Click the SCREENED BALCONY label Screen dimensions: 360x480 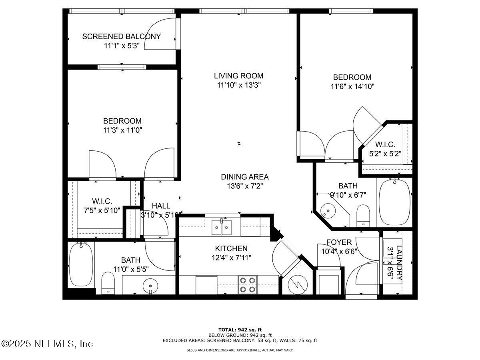[121, 37]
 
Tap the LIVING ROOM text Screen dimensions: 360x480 [238, 76]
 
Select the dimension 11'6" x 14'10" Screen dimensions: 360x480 [352, 86]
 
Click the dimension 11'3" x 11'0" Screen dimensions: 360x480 [122, 130]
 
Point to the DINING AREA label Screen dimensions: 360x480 [244, 177]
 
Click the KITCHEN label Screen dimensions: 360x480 [231, 249]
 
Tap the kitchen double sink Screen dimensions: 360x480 [221, 228]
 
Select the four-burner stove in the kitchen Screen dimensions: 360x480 [247, 284]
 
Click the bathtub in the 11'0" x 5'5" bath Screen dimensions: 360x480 [81, 264]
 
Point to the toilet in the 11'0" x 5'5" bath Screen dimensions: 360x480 [108, 282]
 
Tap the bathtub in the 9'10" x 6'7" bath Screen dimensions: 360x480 [394, 202]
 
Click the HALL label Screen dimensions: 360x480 [161, 206]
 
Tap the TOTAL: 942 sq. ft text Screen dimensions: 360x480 [240, 330]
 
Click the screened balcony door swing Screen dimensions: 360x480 [160, 34]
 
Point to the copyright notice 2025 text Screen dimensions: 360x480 [47, 344]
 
